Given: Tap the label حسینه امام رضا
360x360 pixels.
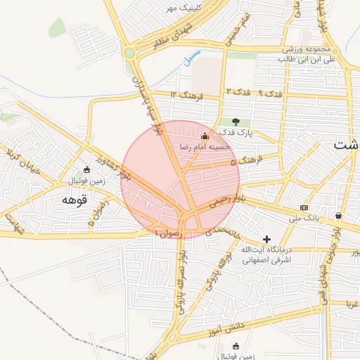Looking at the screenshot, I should click(x=205, y=147).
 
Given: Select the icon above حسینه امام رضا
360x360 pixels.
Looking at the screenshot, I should click(x=205, y=136).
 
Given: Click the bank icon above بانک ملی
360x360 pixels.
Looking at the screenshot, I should click(x=304, y=207).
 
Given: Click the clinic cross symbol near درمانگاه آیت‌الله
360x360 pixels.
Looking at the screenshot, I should click(x=266, y=239).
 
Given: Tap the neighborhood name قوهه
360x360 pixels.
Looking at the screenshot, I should click(x=74, y=200).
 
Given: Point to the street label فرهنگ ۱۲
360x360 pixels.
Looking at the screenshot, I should click(x=187, y=95).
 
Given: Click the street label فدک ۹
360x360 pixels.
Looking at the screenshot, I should click(x=270, y=93).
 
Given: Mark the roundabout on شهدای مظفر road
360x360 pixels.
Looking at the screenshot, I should click(x=129, y=53).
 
